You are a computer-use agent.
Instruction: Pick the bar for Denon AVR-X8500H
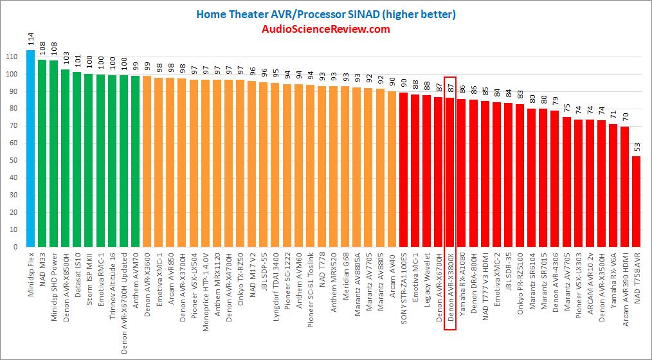pyautogui.click(x=65, y=157)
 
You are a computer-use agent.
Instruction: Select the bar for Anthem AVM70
pyautogui.click(x=135, y=161)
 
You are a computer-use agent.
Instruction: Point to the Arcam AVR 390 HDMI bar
pyautogui.click(x=624, y=186)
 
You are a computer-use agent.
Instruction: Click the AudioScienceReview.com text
pyautogui.click(x=325, y=29)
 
